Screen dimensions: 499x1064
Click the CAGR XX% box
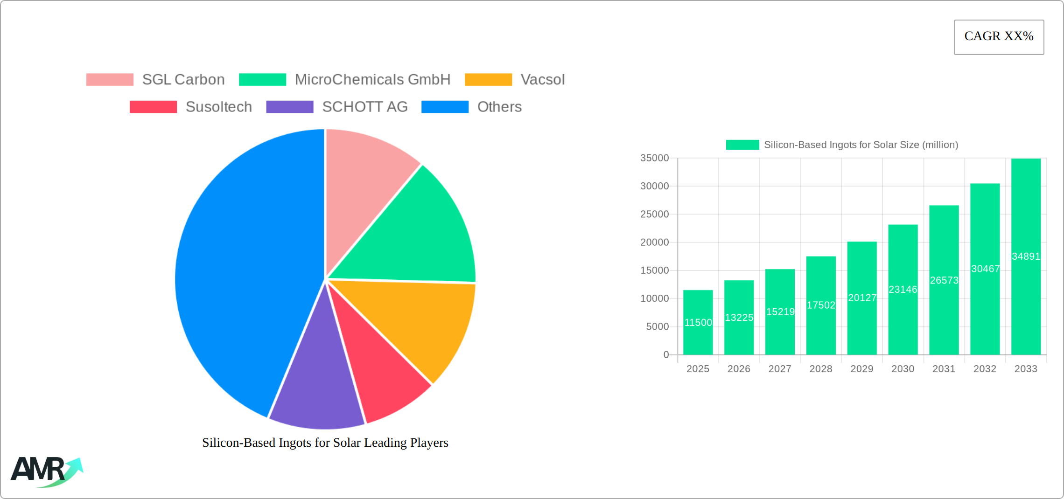tap(999, 37)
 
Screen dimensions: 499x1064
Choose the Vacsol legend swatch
tap(488, 80)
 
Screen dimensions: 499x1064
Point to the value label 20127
tap(862, 298)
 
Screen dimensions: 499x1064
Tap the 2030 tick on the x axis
tap(903, 369)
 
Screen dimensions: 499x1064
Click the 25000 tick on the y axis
tap(654, 214)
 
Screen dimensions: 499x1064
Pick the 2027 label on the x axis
tap(780, 369)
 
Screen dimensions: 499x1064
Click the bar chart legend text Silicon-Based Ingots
tap(861, 145)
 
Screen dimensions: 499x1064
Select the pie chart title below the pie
tap(325, 443)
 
